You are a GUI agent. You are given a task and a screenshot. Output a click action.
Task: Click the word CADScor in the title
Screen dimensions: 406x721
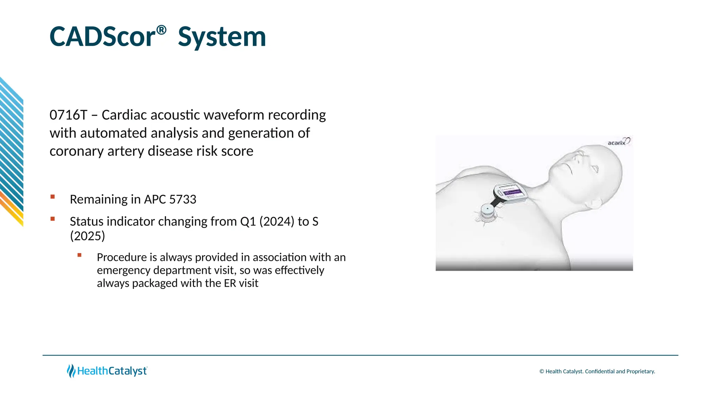(102, 37)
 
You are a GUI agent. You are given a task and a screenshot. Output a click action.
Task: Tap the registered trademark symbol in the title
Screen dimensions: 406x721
(161, 30)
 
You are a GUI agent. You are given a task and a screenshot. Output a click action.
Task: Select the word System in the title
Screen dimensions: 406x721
(222, 37)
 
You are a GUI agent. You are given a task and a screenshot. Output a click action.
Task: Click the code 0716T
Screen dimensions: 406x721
(68, 115)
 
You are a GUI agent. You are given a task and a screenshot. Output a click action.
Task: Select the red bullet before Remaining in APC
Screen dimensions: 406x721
(53, 197)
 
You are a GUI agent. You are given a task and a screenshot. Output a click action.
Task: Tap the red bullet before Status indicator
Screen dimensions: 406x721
(53, 219)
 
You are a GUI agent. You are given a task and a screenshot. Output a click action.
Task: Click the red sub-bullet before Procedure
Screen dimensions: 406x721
(80, 255)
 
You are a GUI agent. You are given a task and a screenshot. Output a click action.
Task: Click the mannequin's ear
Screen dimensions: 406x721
(595, 204)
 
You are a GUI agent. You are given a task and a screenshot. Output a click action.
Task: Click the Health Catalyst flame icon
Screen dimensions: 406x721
(71, 371)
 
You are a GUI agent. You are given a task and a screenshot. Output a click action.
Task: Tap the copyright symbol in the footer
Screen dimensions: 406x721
(541, 371)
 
